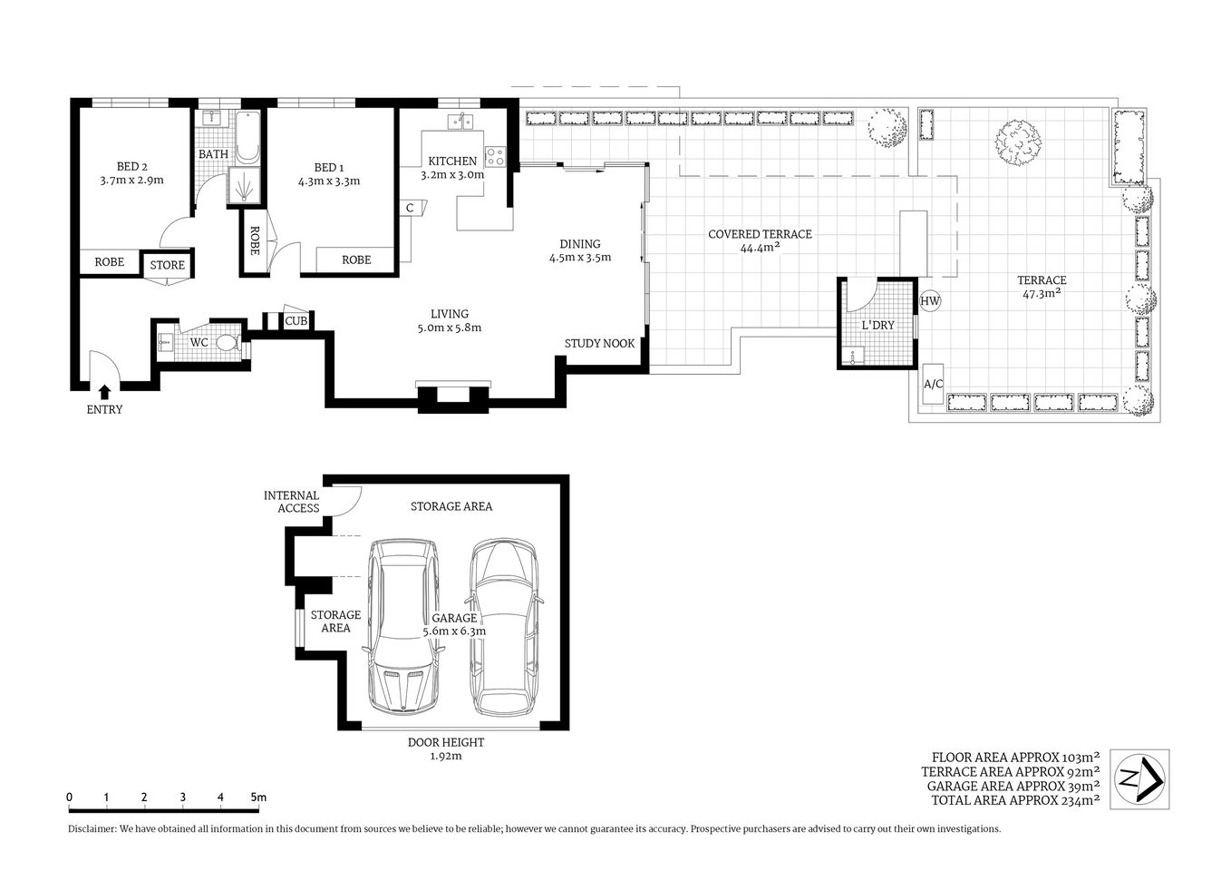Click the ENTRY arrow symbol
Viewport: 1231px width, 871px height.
point(104,392)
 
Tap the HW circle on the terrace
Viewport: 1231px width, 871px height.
point(930,301)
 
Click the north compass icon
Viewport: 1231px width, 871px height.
point(1139,778)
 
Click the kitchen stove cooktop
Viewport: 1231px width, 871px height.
point(495,157)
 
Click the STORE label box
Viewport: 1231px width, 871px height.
point(167,265)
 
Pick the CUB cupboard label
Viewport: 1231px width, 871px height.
point(296,321)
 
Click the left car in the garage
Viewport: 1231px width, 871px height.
point(402,626)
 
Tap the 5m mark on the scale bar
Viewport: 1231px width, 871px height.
point(258,798)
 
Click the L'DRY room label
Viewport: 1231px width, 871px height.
point(877,325)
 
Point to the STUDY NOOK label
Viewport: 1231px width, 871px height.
point(599,343)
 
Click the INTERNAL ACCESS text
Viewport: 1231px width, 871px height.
point(292,502)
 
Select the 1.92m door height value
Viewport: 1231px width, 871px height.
point(445,756)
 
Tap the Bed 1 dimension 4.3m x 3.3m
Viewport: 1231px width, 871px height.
point(329,181)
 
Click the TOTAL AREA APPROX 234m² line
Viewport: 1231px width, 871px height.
point(1015,800)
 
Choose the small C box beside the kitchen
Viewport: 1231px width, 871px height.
point(410,208)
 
